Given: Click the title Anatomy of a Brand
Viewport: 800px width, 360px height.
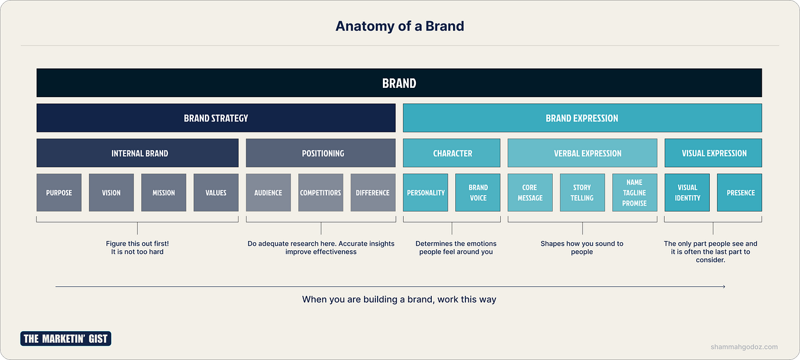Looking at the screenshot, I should [399, 26].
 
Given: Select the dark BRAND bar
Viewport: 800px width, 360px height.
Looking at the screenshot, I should [399, 83].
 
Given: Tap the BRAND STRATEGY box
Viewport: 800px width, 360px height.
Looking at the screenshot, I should [216, 118].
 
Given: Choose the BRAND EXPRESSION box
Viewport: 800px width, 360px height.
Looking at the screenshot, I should [582, 118].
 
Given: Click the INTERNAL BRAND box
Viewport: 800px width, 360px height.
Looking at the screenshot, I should [137, 153].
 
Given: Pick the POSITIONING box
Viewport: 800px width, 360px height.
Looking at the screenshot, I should [320, 153].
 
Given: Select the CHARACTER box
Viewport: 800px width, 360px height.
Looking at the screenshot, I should [452, 153].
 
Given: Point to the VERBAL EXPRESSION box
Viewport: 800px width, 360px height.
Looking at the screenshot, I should [582, 153].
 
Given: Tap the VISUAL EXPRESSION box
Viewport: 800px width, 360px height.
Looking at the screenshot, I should [713, 153].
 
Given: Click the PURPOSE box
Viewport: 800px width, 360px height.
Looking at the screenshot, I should [59, 193].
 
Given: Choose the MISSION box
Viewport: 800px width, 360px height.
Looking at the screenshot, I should [164, 193].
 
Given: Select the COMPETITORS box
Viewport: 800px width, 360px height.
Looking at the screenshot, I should [320, 193].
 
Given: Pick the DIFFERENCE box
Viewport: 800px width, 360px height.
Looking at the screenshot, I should [373, 193].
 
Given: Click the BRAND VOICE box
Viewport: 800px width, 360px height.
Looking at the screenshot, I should [478, 193].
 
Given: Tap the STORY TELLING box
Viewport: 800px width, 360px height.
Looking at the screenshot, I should [582, 193].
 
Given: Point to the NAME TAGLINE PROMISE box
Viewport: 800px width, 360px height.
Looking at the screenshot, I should [634, 193].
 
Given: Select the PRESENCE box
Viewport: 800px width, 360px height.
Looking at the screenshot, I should [739, 193].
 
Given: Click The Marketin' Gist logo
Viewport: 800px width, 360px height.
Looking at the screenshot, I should [66, 338].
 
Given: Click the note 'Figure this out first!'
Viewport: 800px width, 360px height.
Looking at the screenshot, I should [137, 243].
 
